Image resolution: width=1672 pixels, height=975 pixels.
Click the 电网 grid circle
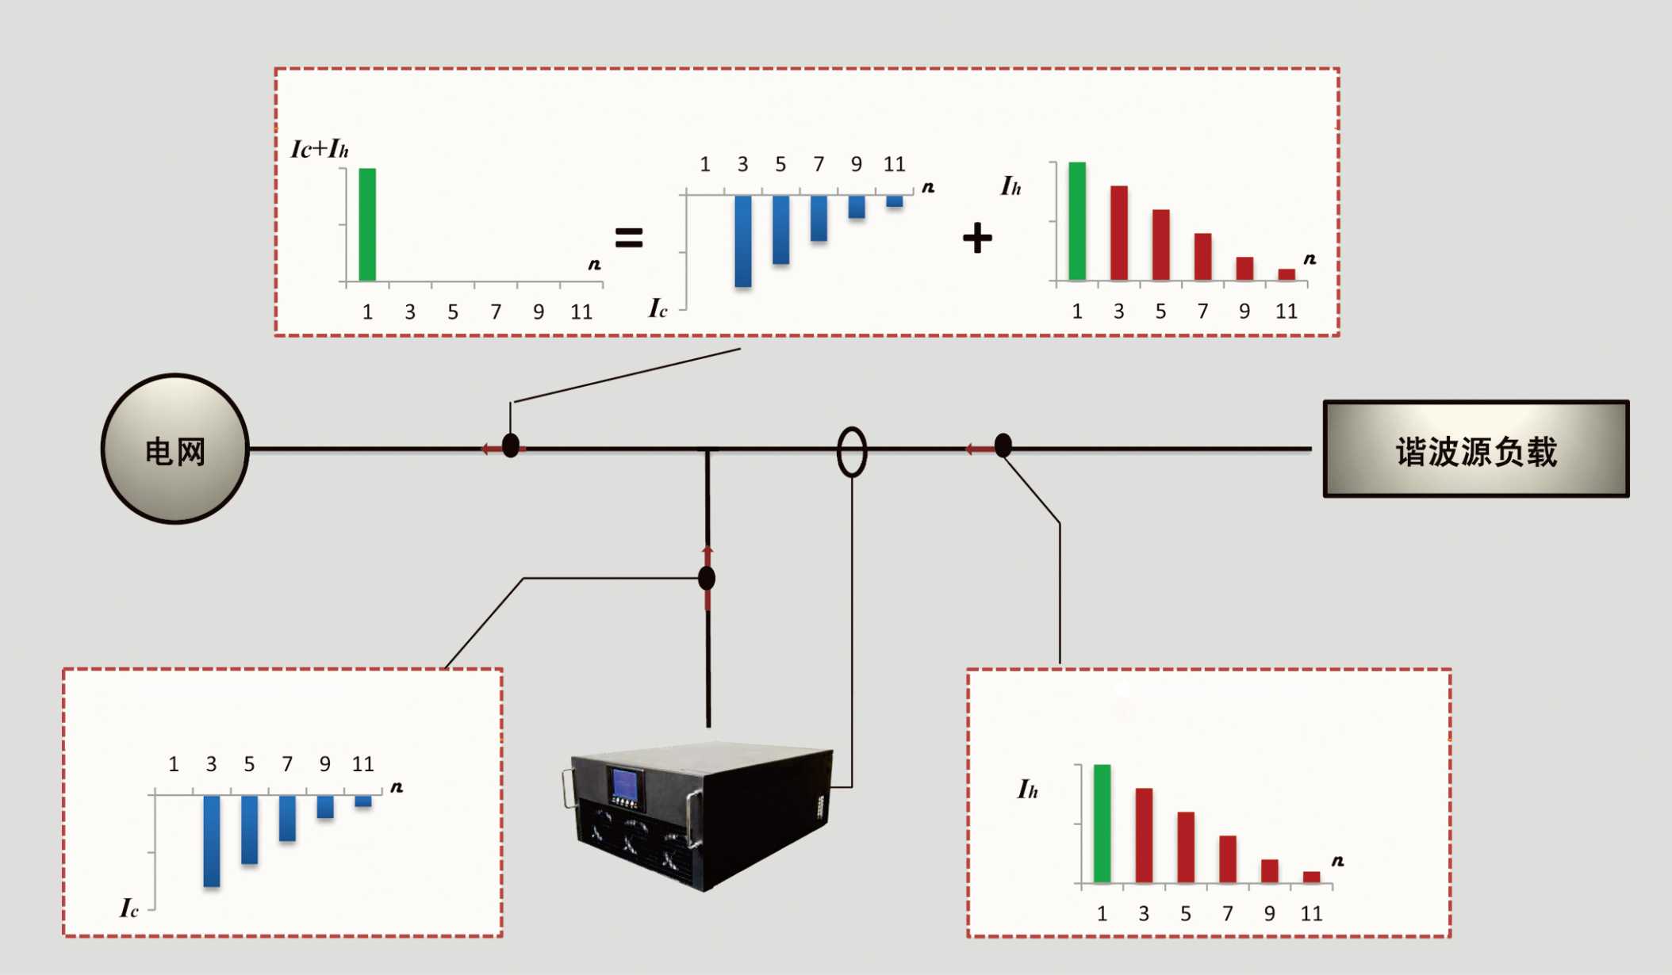click(175, 449)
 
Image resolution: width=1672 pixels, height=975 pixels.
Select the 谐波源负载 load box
click(1476, 449)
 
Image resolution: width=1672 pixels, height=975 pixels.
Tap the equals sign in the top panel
click(629, 237)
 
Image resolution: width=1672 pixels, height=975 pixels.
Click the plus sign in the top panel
click(977, 238)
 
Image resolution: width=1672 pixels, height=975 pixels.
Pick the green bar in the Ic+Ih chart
click(367, 224)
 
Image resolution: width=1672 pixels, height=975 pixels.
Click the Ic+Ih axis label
click(319, 148)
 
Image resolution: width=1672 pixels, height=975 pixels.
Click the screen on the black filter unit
click(625, 783)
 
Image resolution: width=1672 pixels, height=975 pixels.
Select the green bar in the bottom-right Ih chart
click(1102, 824)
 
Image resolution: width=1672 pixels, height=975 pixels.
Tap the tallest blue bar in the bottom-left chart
click(212, 841)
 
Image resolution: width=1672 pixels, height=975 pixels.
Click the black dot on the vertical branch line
click(707, 578)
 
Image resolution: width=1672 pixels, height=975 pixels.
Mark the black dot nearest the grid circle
click(511, 445)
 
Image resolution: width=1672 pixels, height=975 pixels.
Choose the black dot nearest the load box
click(1003, 445)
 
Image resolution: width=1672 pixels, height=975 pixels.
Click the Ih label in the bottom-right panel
click(1027, 790)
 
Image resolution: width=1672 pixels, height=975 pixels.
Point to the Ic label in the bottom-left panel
click(129, 908)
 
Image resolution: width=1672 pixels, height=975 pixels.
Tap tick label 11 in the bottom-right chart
click(1311, 914)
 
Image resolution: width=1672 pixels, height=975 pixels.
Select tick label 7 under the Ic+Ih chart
click(496, 312)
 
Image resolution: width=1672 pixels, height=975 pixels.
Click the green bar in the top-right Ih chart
click(1077, 221)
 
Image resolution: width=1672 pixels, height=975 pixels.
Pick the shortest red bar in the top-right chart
click(1287, 275)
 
